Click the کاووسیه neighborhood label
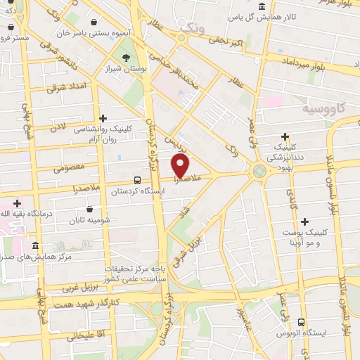(x=323, y=110)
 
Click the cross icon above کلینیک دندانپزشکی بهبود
(x=285, y=136)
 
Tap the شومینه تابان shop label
(x=90, y=221)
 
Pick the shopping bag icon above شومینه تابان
(x=90, y=209)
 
